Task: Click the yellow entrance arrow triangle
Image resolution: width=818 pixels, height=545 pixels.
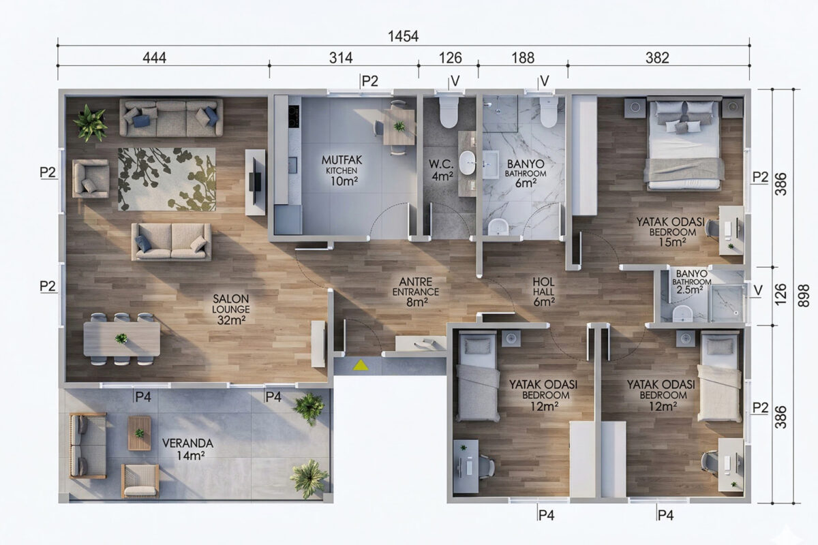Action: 361,365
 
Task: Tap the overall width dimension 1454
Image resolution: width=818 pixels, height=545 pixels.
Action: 403,37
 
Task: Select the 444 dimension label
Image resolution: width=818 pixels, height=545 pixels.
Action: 155,58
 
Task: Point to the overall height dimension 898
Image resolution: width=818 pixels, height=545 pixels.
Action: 803,296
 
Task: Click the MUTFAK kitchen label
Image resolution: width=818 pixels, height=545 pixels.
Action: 342,170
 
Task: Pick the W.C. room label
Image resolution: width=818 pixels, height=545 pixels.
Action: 442,170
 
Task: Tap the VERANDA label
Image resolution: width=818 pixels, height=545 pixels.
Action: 187,450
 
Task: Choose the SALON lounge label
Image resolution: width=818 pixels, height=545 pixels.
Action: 231,309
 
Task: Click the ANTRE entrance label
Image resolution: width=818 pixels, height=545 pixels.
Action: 416,292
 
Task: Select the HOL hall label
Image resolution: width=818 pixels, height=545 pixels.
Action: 544,292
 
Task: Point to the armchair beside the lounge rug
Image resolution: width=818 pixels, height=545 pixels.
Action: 91,178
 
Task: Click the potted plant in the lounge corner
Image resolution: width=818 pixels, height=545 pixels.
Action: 90,123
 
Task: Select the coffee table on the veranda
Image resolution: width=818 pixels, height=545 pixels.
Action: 139,433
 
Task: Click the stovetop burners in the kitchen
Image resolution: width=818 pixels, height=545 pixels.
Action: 294,116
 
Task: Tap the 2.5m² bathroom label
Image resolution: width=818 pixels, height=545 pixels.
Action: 691,282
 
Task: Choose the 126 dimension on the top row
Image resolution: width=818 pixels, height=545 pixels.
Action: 451,58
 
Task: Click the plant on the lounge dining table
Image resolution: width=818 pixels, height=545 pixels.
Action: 121,339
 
